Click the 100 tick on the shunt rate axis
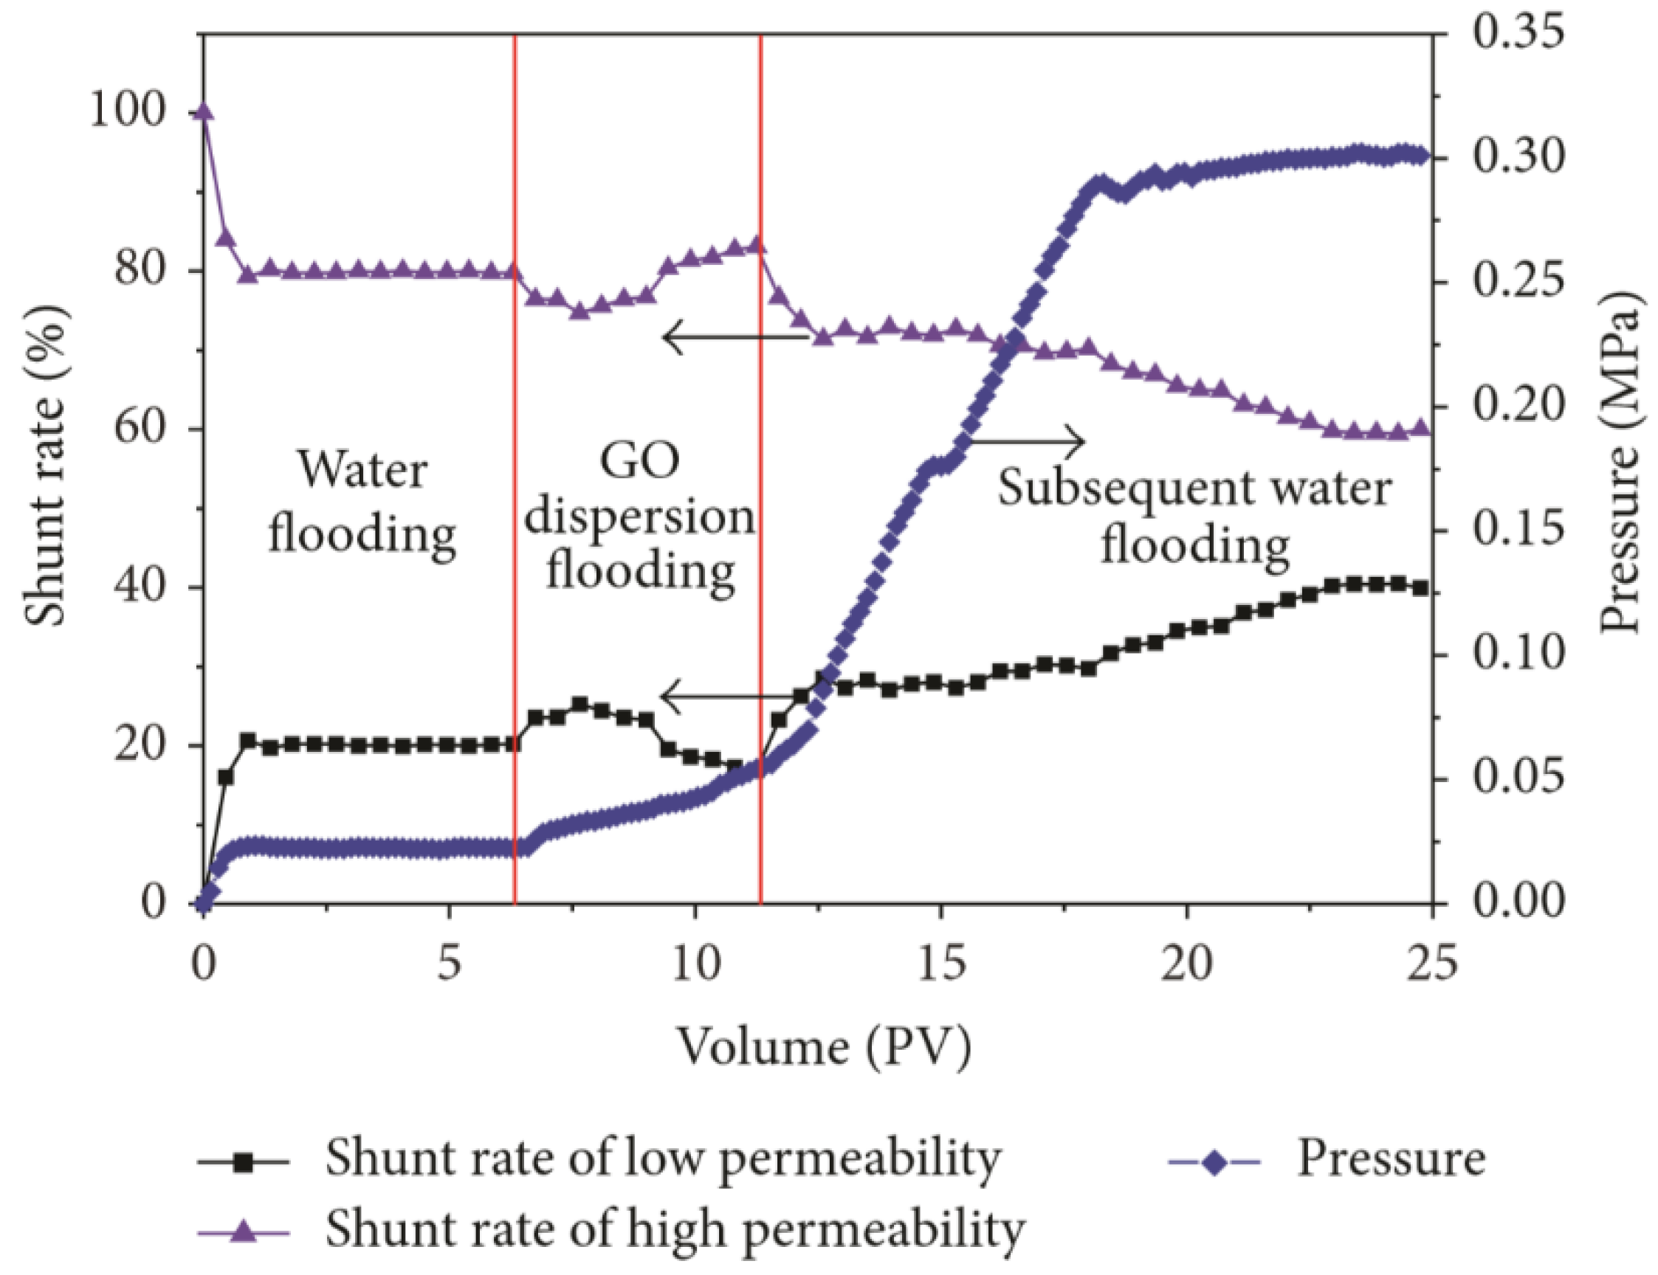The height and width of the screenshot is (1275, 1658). (x=128, y=111)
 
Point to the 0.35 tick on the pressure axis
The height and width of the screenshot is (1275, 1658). (x=1518, y=34)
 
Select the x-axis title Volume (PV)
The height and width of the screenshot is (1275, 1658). (x=824, y=1048)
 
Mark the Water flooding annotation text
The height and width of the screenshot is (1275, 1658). (x=362, y=502)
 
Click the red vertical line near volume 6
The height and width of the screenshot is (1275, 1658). (x=515, y=471)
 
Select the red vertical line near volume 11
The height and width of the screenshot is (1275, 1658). (x=760, y=471)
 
